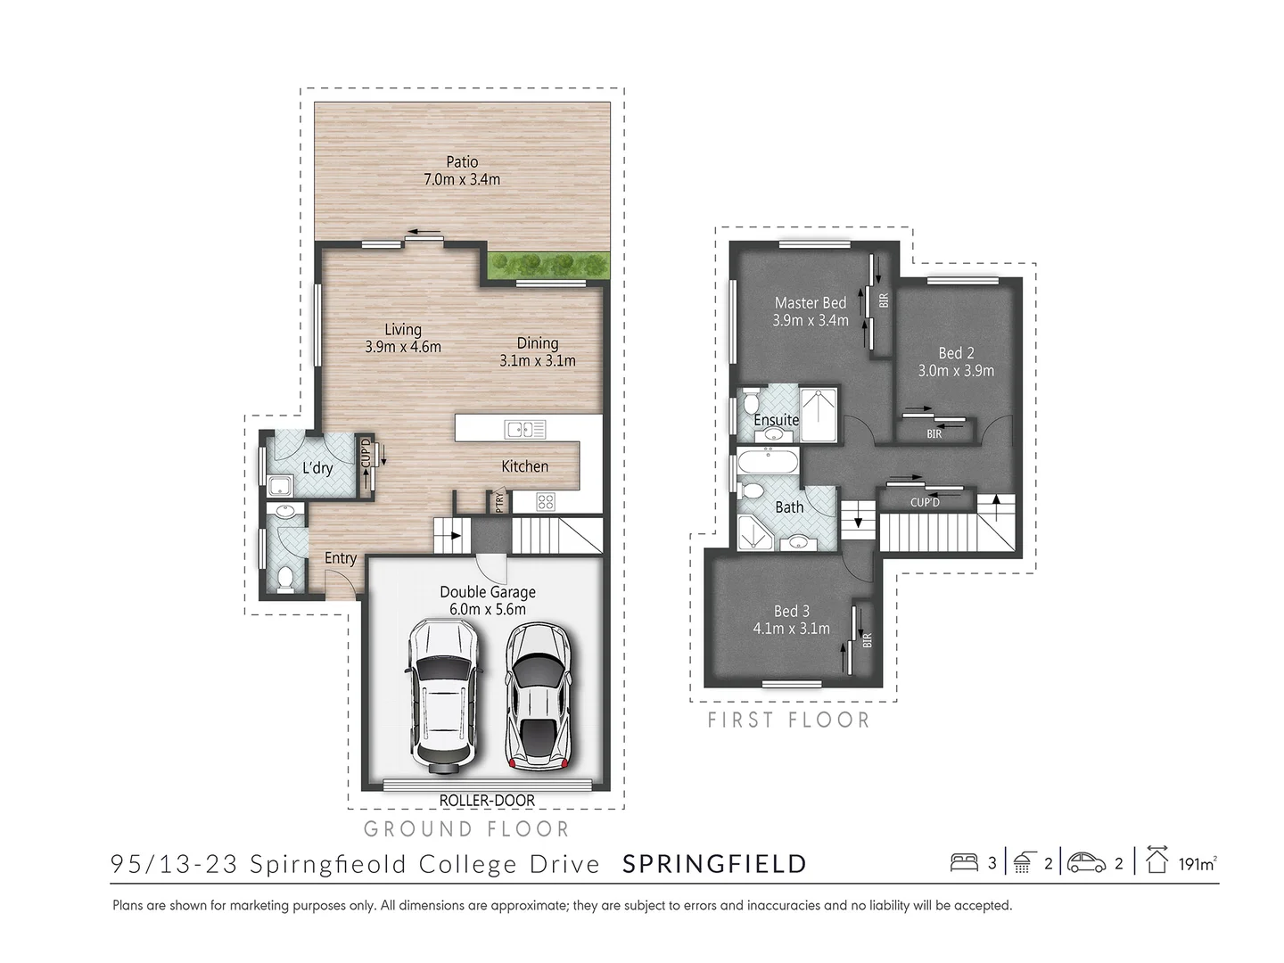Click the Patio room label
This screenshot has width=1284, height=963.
click(x=462, y=162)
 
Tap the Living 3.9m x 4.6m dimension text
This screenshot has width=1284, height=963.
click(x=403, y=347)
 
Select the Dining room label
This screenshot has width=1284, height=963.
click(x=538, y=343)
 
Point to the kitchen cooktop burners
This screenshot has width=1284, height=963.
click(x=546, y=501)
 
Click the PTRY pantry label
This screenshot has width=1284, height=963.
click(x=499, y=501)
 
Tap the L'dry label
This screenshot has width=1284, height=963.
click(x=317, y=467)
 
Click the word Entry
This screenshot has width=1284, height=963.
click(x=341, y=558)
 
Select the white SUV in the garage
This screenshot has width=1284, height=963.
click(x=443, y=695)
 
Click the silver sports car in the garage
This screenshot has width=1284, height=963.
click(x=539, y=695)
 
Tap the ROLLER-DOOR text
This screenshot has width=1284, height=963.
click(x=487, y=801)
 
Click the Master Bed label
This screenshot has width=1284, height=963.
click(x=811, y=303)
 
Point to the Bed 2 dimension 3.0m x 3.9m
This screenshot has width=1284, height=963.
click(x=956, y=371)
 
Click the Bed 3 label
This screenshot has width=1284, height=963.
click(x=792, y=611)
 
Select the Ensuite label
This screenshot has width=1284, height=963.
click(x=776, y=420)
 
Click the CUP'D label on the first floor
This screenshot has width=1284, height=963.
click(x=925, y=503)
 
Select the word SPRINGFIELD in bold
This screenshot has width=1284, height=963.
click(x=714, y=864)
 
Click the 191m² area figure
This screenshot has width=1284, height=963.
click(x=1197, y=864)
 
